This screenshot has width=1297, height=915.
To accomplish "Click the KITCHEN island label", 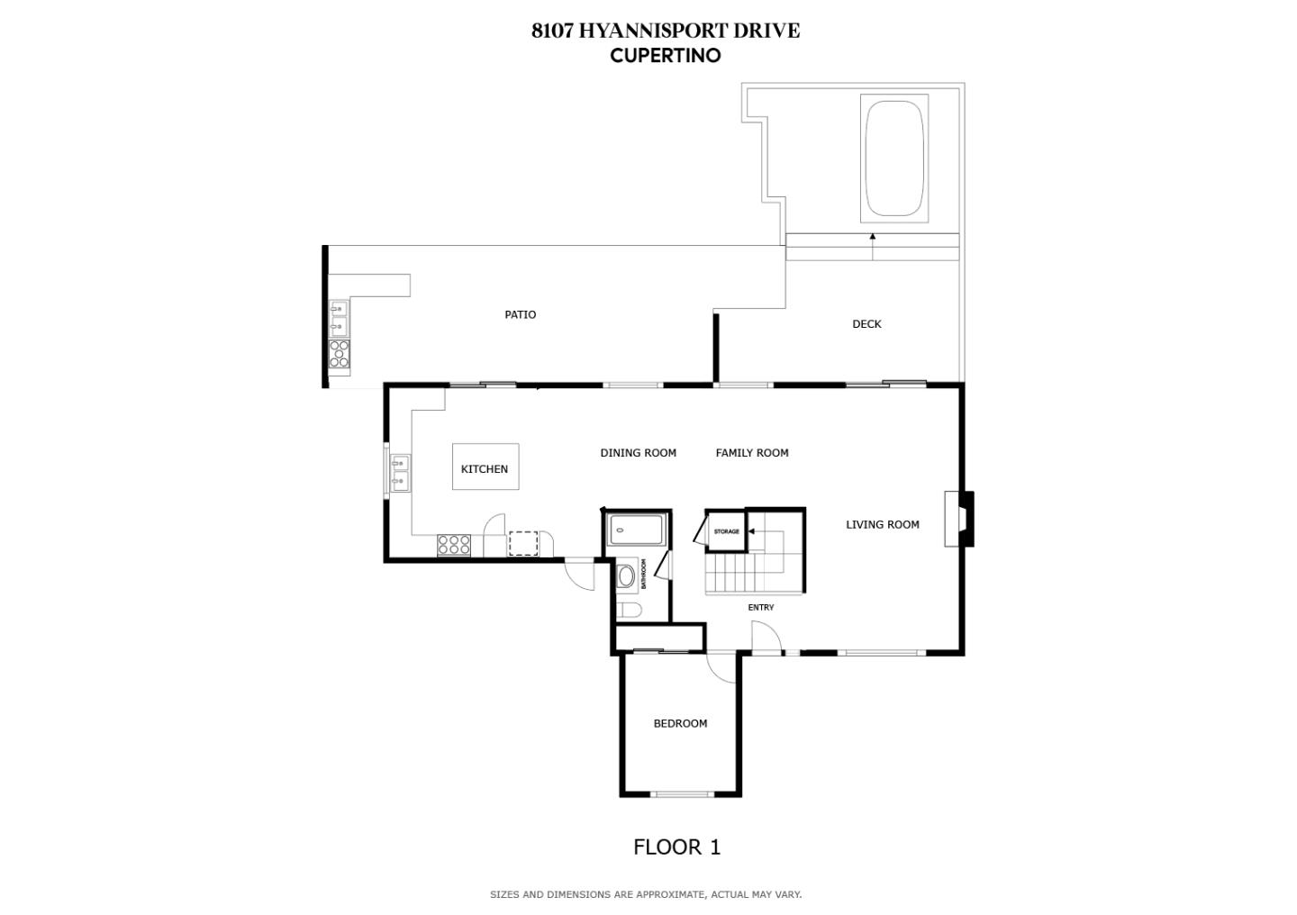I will [x=485, y=468].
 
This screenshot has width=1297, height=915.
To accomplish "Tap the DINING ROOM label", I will [x=638, y=453].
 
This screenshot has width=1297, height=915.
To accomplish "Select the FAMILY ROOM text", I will [x=751, y=453].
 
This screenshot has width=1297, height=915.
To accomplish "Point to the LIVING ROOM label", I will [x=882, y=524].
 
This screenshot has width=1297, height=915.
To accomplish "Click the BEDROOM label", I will [x=680, y=723].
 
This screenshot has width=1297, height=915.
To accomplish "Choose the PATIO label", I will [x=520, y=314].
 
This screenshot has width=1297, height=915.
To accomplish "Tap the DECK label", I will [x=866, y=324].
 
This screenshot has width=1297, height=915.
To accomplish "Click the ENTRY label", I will [x=760, y=607].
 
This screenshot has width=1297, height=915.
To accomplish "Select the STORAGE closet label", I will [x=726, y=531].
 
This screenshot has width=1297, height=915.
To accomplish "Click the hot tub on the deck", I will [x=894, y=159].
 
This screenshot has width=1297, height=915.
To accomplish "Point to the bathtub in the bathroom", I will [x=636, y=530].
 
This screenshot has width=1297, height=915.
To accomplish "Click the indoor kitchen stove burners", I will [x=454, y=545].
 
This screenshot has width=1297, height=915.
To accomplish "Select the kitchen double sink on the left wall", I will [x=400, y=474].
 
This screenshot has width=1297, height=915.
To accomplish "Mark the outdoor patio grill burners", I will [x=340, y=353].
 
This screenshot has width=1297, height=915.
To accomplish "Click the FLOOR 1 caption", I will [x=676, y=847].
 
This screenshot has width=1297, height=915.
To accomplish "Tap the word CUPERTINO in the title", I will [x=665, y=55].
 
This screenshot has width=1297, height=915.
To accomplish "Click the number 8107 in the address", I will [x=551, y=31].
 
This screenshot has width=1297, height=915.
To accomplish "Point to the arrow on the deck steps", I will [x=872, y=237].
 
